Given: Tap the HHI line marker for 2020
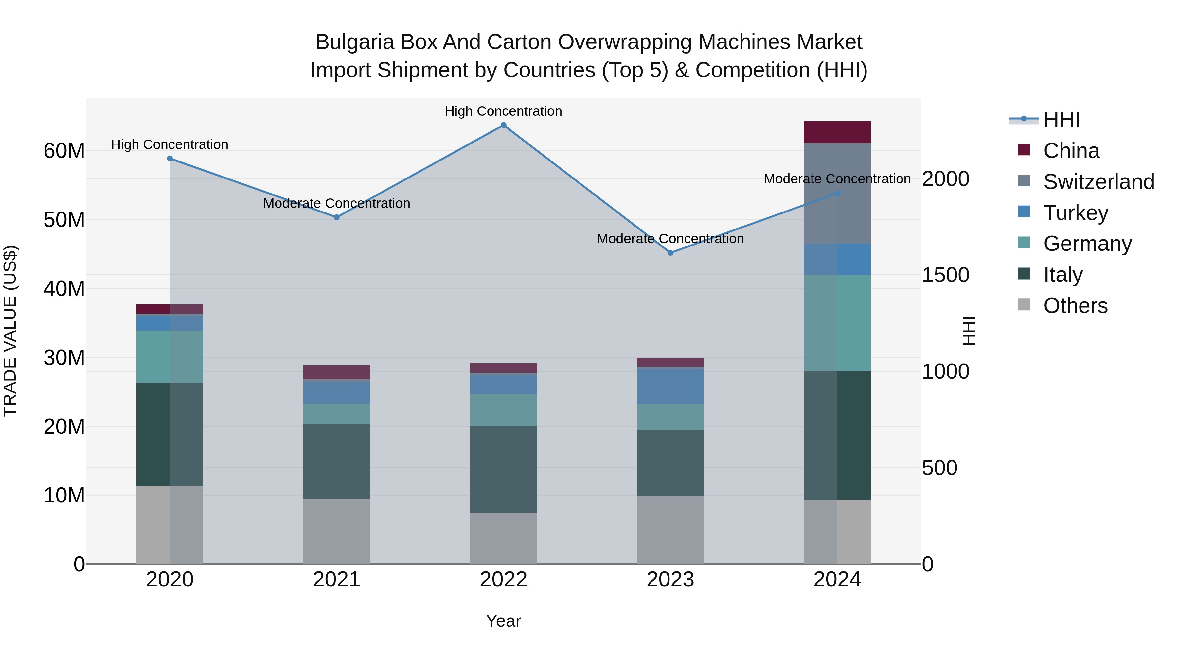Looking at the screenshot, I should pos(170,159).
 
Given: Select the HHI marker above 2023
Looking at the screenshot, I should pos(670,253).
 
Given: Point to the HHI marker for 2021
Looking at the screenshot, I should pos(337,217).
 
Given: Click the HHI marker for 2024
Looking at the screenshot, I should pos(837,193).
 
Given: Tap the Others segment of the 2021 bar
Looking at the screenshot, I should pos(337,531).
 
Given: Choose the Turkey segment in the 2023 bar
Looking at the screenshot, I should pos(670,386).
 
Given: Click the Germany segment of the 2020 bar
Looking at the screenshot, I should pos(170,356).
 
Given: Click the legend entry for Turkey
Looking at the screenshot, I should pos(1076,213).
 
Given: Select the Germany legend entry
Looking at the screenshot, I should pos(1087,244).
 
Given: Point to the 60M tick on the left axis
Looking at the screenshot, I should pos(64,151).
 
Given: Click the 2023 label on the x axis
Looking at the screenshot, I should pos(670,580).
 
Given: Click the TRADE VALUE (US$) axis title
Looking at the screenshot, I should pos(10,331).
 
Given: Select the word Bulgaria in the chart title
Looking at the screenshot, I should pos(354,42).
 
